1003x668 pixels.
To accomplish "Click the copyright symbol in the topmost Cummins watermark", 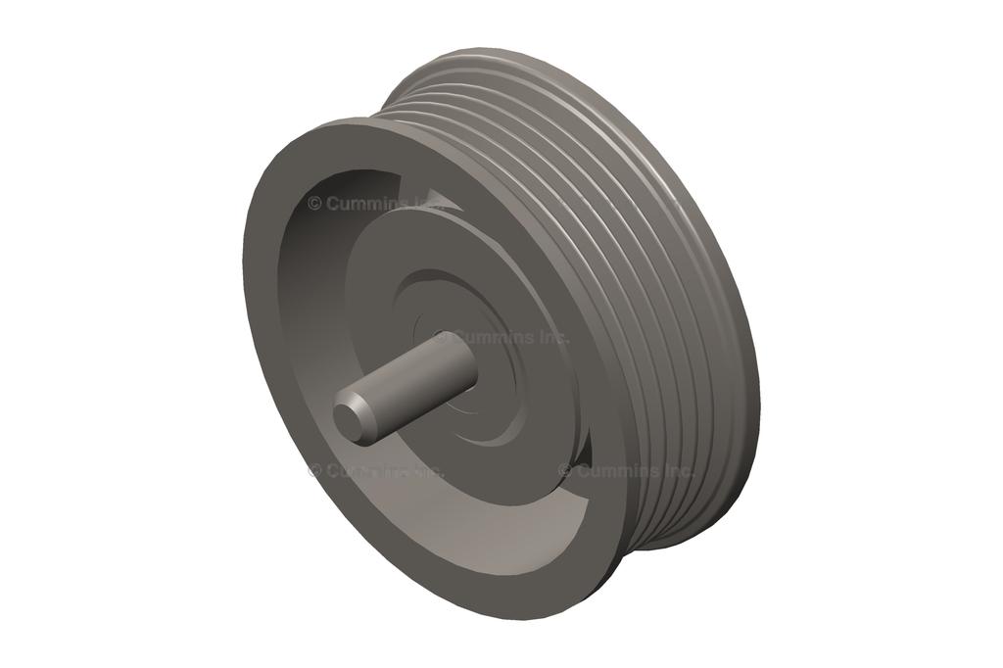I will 314,204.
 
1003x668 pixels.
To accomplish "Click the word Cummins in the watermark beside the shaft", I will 494,337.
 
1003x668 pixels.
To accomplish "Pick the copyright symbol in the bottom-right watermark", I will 565,470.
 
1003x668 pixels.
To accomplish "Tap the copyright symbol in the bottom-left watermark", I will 314,470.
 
